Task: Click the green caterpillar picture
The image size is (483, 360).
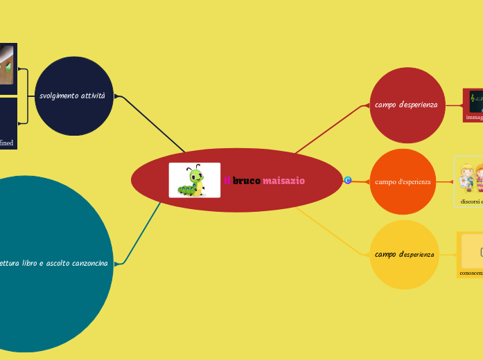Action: coord(195,180)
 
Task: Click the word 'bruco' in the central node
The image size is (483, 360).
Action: coord(247,181)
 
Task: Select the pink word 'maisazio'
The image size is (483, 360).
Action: coord(283,181)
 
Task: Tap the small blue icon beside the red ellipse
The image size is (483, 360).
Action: coord(348,180)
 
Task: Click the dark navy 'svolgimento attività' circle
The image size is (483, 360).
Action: coord(73,96)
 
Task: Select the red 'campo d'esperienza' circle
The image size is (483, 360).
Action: coord(407,105)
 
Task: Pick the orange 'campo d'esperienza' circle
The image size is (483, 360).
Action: coord(403,181)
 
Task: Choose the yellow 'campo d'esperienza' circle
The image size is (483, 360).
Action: coord(405,255)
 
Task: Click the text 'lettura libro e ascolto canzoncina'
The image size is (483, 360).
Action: coord(56,264)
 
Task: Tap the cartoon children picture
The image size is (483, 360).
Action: coord(471,177)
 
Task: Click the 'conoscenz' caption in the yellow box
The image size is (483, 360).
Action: coord(471,273)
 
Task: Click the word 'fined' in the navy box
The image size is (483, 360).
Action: coord(6,143)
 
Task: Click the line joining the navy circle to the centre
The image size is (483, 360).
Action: coord(152,124)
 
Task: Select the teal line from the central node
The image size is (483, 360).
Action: coord(143,233)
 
